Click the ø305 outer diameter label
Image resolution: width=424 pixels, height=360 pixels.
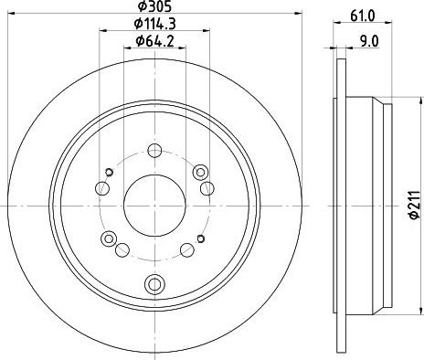tap(154, 6)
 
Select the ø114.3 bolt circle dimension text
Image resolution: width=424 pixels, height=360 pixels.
tap(154, 24)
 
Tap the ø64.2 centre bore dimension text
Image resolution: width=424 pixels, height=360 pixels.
tap(154, 41)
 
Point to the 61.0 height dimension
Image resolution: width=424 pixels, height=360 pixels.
tap(362, 16)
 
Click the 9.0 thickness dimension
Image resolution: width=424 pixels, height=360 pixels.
tap(369, 41)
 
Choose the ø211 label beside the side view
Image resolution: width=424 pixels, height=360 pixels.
tap(415, 205)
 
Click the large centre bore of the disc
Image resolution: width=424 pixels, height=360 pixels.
tap(154, 206)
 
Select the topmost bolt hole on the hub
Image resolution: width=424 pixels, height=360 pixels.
tap(154, 151)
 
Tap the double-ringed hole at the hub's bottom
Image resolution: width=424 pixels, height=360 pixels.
tap(154, 284)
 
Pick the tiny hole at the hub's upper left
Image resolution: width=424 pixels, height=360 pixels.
tap(109, 172)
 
